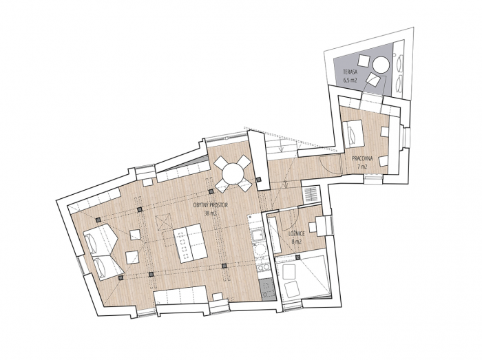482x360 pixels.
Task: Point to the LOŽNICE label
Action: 297,234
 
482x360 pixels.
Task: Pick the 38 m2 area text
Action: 211,213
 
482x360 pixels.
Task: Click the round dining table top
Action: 231,171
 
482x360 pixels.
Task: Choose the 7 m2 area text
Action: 362,167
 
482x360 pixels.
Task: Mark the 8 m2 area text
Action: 297,242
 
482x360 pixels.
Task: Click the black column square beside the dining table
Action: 258,180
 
